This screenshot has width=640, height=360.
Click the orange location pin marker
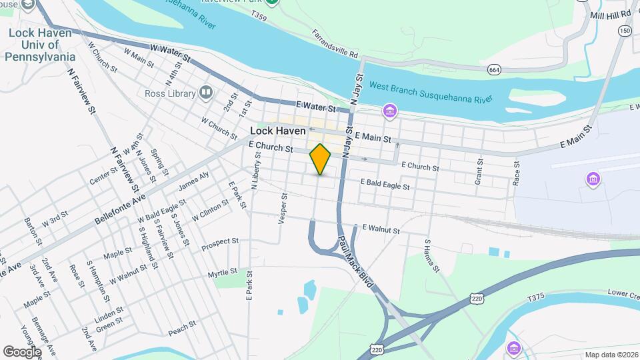[x=321, y=159]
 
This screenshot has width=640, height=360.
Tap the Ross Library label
[x=169, y=93]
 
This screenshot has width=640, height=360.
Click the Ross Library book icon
[x=206, y=93]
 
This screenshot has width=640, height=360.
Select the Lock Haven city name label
[x=277, y=131]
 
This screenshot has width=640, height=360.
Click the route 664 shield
[x=494, y=69]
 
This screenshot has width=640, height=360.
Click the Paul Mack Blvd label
[x=355, y=261]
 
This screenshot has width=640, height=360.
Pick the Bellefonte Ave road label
[x=120, y=200]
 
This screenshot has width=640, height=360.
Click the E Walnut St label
[x=381, y=229]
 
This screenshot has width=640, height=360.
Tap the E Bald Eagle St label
[x=385, y=184]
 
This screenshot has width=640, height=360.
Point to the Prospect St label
[x=223, y=241]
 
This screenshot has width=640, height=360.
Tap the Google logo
[x=22, y=352]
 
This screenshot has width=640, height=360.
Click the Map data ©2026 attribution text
[x=611, y=355]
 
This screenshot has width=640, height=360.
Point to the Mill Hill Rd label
[x=610, y=13]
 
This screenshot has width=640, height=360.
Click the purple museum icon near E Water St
[x=389, y=110]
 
